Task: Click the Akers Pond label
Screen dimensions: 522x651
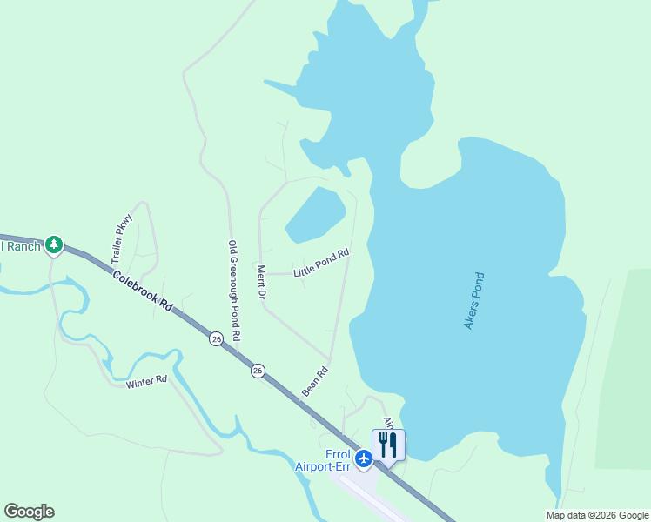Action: point(474,301)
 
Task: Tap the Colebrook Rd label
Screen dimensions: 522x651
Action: point(144,291)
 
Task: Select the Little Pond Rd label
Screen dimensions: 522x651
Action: point(321,264)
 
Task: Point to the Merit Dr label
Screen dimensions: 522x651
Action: point(260,284)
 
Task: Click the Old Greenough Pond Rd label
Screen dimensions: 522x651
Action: point(233,290)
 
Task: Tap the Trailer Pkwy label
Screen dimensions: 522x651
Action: point(121,238)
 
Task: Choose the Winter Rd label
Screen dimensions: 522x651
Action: point(145,382)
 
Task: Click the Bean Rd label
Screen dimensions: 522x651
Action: point(315,382)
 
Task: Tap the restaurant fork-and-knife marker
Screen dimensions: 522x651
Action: point(388,445)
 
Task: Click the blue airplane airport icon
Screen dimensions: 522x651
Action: point(363,457)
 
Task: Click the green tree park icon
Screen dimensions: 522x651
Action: point(55,245)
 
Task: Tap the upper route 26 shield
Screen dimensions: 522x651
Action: point(216,338)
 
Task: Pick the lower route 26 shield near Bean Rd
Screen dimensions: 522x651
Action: point(258,371)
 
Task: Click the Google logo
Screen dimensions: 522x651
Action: point(29,512)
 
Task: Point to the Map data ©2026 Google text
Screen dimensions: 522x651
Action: point(598,515)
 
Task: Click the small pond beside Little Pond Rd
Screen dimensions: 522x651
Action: point(314,214)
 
